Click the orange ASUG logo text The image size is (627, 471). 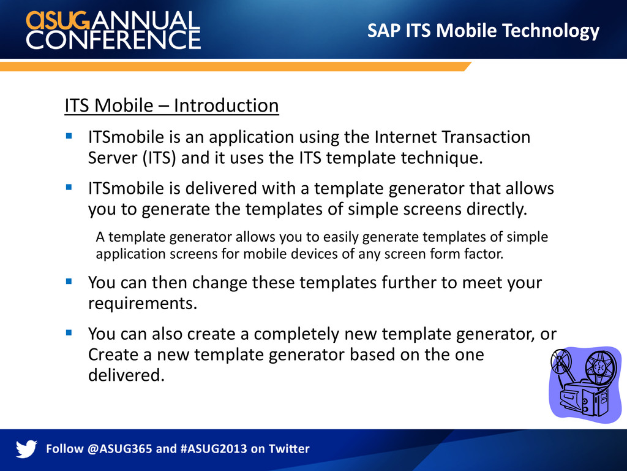pos(58,20)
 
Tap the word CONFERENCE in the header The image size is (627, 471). pos(113,40)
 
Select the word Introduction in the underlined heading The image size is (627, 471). pos(227,105)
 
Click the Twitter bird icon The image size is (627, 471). pos(26,448)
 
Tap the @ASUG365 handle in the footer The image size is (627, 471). pos(119,448)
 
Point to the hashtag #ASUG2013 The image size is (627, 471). pos(214,448)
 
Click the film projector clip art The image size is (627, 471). pos(585,384)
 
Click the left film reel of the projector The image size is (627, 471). pos(561,361)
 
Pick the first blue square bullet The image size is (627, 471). pos(69,136)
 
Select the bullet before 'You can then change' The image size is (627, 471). pos(69,281)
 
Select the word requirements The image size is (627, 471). pos(143,304)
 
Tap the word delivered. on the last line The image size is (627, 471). pos(126,375)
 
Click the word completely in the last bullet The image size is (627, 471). pos(296,334)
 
